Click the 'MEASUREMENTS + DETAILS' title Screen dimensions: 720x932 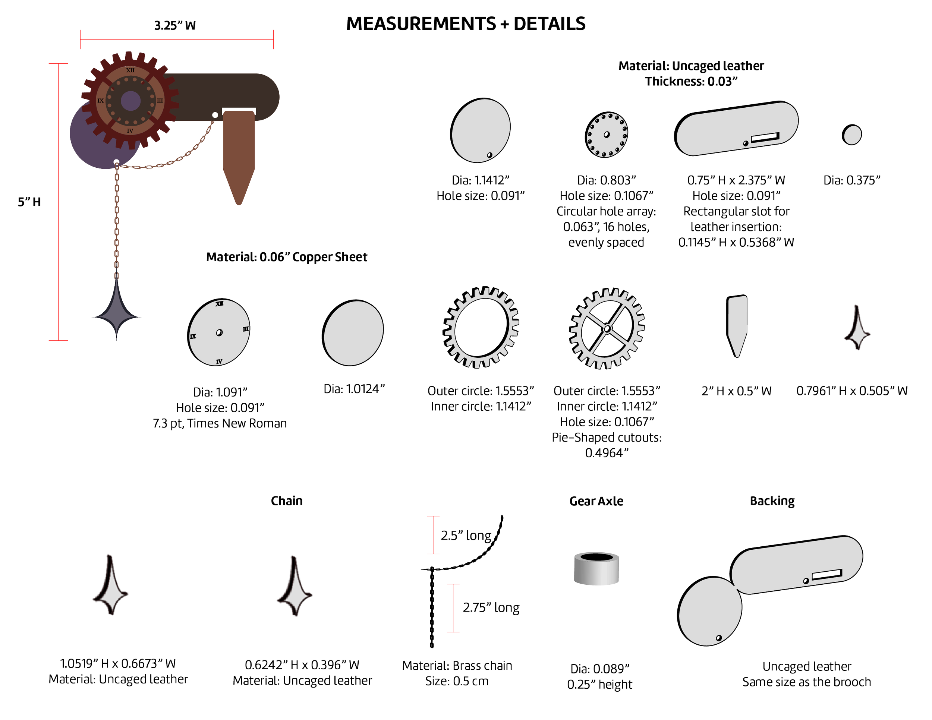click(466, 23)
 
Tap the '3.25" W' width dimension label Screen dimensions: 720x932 click(175, 26)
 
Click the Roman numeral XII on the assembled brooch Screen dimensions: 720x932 click(130, 70)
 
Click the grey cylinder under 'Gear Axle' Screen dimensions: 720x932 click(596, 568)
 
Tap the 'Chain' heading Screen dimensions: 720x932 click(287, 500)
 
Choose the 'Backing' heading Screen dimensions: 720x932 click(772, 501)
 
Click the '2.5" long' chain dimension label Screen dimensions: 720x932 click(466, 535)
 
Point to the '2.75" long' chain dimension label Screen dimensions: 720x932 click(491, 607)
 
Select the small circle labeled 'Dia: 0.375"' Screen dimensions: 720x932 click(852, 135)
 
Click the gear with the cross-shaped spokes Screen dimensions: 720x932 click(607, 328)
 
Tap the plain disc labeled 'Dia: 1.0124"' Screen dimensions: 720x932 click(353, 332)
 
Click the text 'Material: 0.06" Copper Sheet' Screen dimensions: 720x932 click(286, 257)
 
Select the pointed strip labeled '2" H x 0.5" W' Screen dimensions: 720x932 click(737, 324)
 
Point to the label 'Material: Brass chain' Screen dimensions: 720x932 click(457, 665)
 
